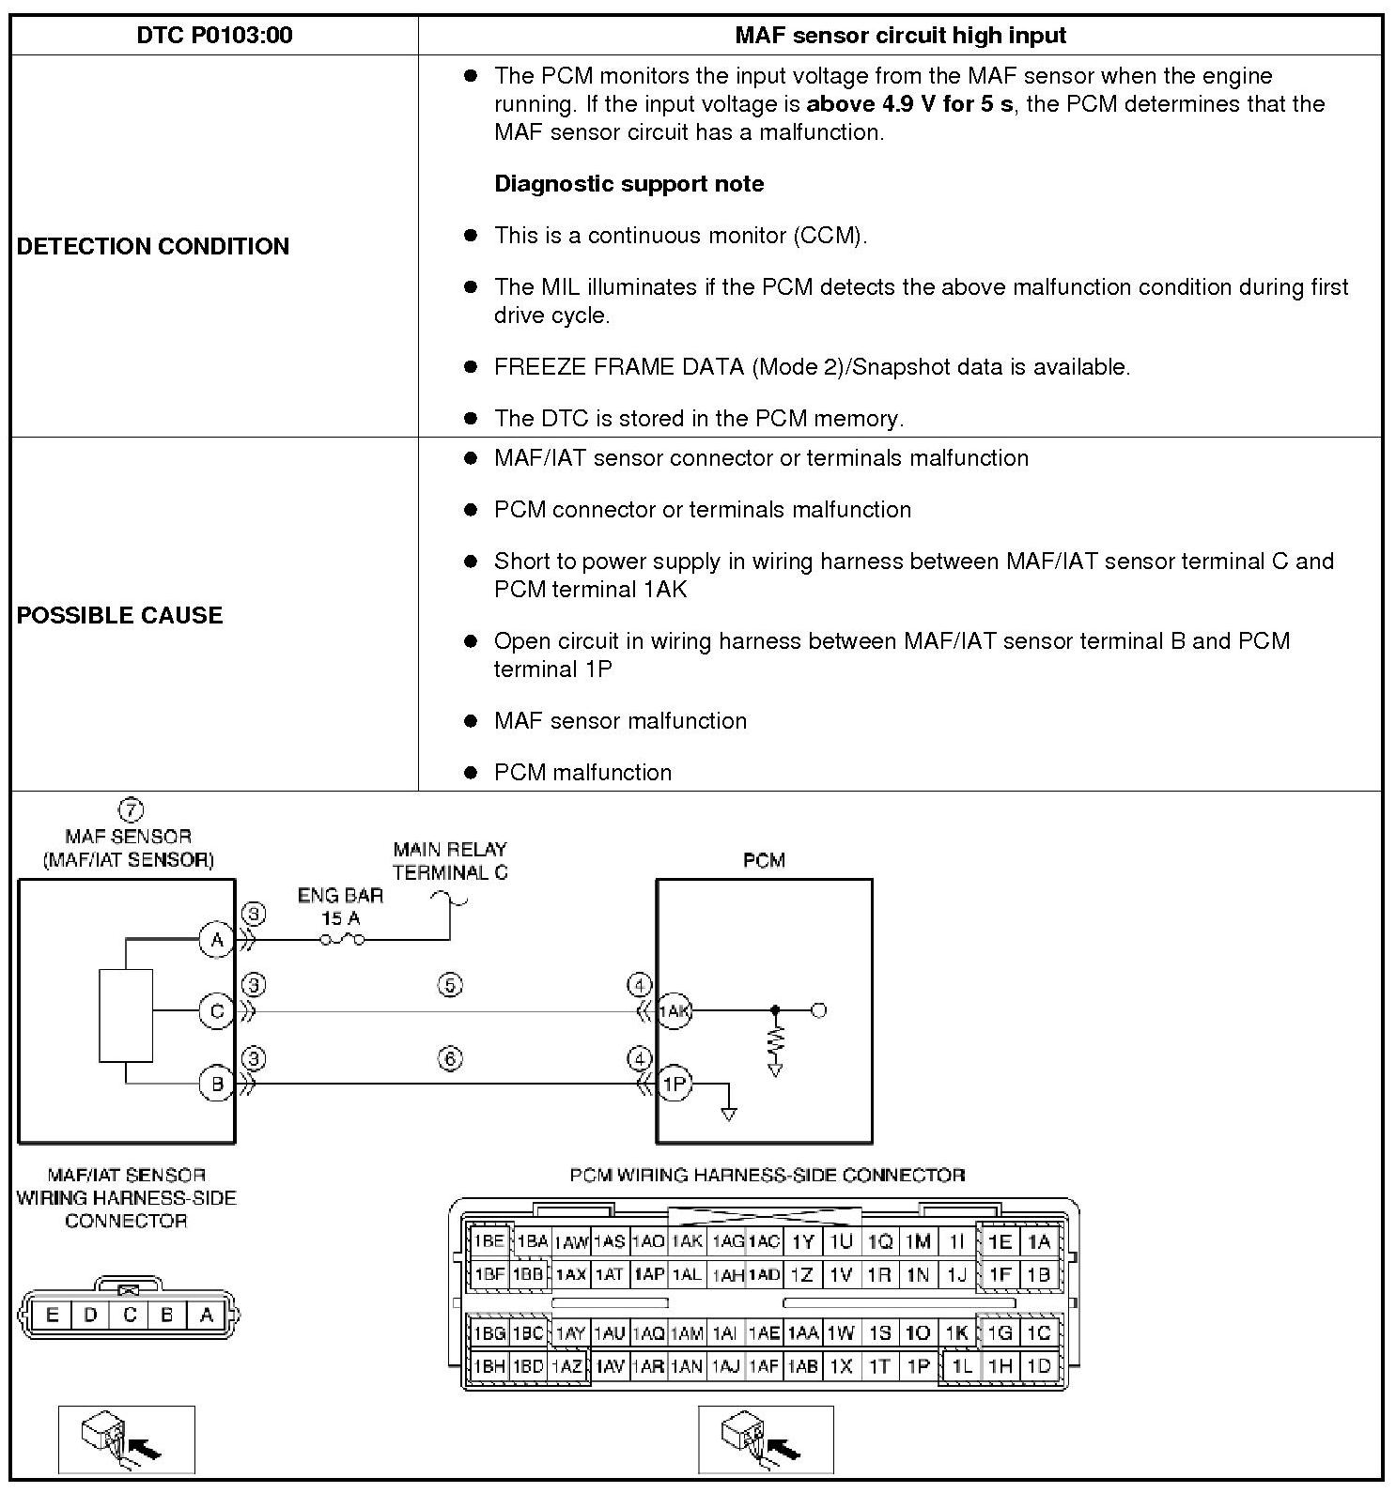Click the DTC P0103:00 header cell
(x=214, y=36)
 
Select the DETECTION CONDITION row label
(x=153, y=246)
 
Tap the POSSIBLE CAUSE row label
(x=120, y=615)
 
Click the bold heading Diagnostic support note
(x=628, y=184)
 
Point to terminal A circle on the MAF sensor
(x=217, y=939)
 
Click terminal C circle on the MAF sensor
(x=217, y=1011)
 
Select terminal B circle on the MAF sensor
(x=217, y=1085)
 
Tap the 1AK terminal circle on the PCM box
(x=674, y=1011)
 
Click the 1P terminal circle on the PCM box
(x=674, y=1085)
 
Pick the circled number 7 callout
(x=131, y=809)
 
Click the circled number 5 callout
(x=450, y=985)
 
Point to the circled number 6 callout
(x=450, y=1059)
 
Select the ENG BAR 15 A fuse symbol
(x=342, y=939)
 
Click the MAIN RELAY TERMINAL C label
(x=451, y=860)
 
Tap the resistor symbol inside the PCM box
(x=775, y=1040)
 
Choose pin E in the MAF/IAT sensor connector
(x=52, y=1315)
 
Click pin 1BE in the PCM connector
(x=489, y=1241)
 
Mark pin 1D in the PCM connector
(x=1038, y=1366)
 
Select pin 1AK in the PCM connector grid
(x=687, y=1241)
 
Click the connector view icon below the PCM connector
(x=765, y=1439)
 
